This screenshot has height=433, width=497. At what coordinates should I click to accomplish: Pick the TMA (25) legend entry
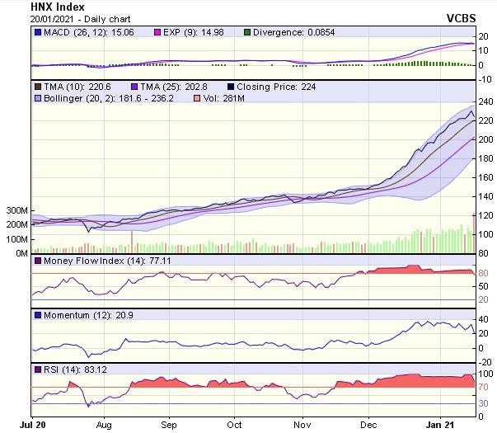(171, 86)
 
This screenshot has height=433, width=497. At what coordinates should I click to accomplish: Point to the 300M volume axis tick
(15, 210)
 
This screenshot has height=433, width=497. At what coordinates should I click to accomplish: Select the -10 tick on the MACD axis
(485, 79)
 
